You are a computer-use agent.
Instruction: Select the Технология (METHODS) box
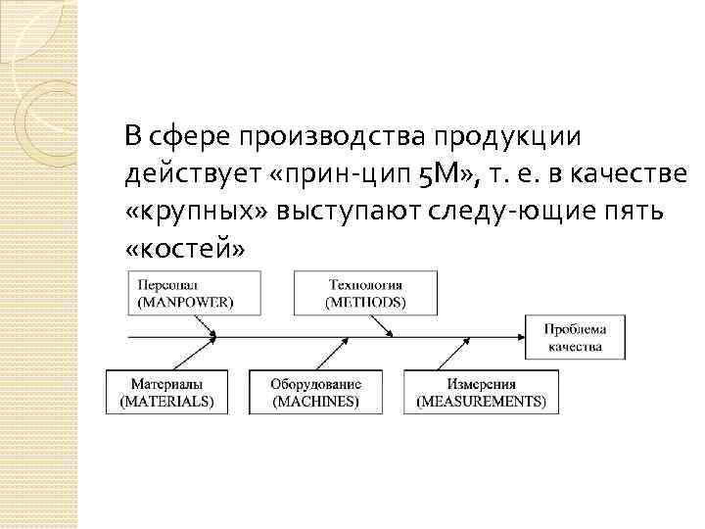(365, 293)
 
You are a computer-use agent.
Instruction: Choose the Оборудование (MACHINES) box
(315, 392)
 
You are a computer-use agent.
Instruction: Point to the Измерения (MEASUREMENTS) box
(480, 392)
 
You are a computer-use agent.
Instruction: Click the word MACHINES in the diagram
(315, 402)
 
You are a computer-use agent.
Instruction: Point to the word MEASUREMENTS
(480, 402)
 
